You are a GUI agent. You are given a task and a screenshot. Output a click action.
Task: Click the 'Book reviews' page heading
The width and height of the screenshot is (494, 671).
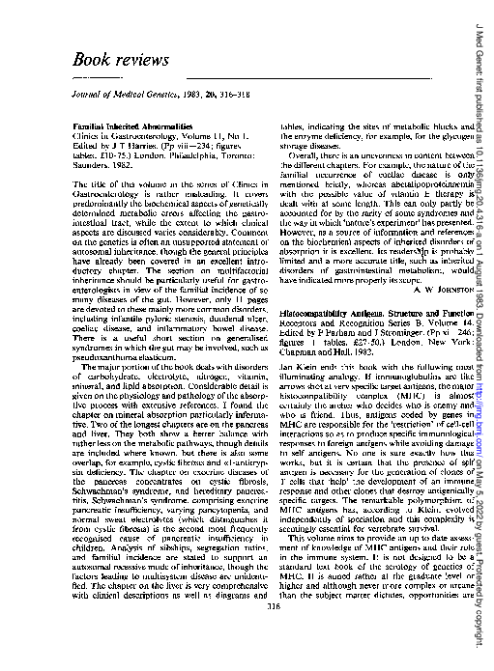pyautogui.click(x=120, y=59)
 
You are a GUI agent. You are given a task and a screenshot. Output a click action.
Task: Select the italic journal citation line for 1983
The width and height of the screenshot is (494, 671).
pyautogui.click(x=151, y=98)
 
